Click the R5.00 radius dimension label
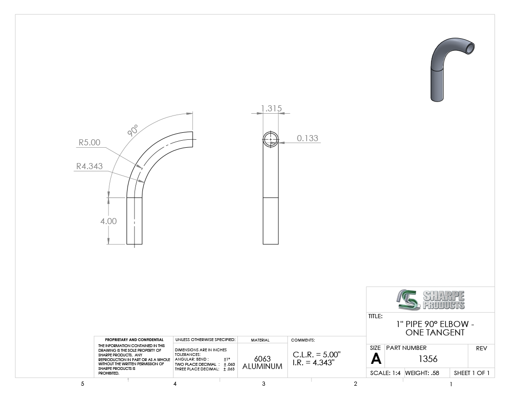[x=89, y=143]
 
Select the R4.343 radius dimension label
[x=89, y=166]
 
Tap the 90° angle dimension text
[x=133, y=130]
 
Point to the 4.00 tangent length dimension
[x=108, y=221]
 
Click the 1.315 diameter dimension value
[x=271, y=109]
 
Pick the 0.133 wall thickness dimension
[x=308, y=138]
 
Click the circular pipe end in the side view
[x=271, y=139]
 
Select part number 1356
[x=428, y=359]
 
